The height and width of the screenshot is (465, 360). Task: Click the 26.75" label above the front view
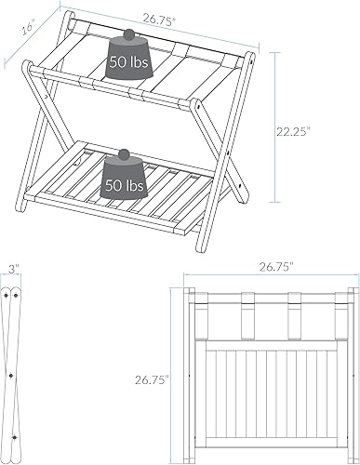click(x=276, y=267)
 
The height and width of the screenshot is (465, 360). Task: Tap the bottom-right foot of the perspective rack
click(x=245, y=202)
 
